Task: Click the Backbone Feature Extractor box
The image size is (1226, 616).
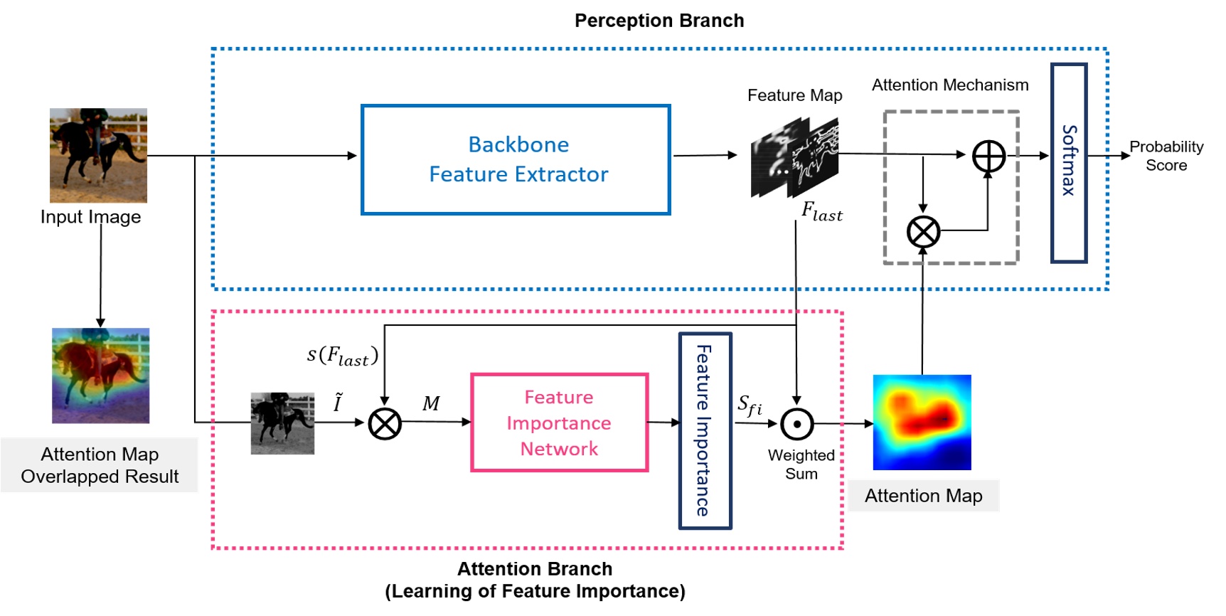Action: click(516, 159)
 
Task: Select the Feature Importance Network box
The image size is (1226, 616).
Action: click(559, 423)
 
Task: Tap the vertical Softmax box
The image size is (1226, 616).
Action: click(1068, 163)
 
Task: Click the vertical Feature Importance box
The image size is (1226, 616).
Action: click(705, 430)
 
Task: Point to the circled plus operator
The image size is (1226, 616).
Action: click(988, 156)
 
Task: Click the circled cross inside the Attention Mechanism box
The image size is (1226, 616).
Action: click(923, 232)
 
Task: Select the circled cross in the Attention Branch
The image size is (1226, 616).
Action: click(385, 424)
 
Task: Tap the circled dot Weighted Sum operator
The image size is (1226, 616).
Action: click(796, 424)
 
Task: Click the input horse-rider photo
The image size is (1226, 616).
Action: click(98, 155)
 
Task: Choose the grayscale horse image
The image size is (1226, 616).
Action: click(282, 423)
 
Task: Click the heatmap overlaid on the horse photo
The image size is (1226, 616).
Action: click(100, 376)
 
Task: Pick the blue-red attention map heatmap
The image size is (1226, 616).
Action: click(922, 422)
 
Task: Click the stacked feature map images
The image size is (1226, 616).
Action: click(794, 159)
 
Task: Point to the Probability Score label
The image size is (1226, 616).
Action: click(1166, 156)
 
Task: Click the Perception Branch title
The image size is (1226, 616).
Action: click(659, 21)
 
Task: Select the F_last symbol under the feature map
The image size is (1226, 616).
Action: click(821, 212)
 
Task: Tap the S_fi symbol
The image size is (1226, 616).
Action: click(750, 405)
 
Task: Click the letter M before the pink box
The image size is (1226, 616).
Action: click(431, 404)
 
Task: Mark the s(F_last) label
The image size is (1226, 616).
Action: click(342, 355)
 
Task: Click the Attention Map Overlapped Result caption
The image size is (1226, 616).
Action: click(100, 465)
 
